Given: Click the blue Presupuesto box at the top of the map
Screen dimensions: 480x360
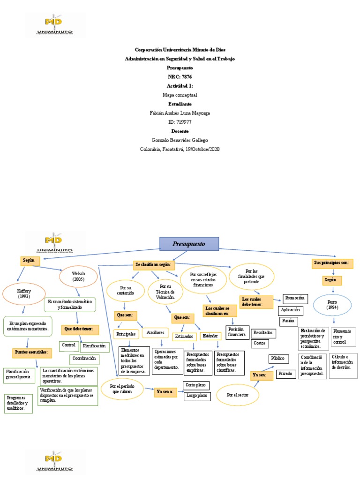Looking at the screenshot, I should pyautogui.click(x=189, y=244).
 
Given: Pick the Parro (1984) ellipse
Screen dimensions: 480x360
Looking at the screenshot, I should pyautogui.click(x=332, y=305).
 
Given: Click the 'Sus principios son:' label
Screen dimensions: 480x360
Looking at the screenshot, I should pyautogui.click(x=332, y=263).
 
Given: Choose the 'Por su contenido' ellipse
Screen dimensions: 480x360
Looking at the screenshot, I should pyautogui.click(x=123, y=291).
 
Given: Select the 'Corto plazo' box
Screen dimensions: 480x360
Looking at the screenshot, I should pyautogui.click(x=196, y=385).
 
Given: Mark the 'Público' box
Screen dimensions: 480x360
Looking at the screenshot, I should pyautogui.click(x=277, y=359).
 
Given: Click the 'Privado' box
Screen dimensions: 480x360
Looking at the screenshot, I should pyautogui.click(x=284, y=374).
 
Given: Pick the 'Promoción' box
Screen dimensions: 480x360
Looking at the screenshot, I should pyautogui.click(x=295, y=298).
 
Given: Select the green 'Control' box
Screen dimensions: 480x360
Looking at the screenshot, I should pyautogui.click(x=69, y=345).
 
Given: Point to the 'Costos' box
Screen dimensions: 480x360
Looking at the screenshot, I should pyautogui.click(x=259, y=343).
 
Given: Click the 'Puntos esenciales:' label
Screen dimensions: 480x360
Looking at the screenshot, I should pyautogui.click(x=30, y=352).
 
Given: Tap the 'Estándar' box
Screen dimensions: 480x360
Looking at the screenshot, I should pyautogui.click(x=209, y=336).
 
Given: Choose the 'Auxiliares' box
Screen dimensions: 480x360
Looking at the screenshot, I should pyautogui.click(x=155, y=332).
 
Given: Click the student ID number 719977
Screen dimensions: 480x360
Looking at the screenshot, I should pyautogui.click(x=180, y=122).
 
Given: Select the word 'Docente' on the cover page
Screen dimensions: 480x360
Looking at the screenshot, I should pyautogui.click(x=180, y=131).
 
